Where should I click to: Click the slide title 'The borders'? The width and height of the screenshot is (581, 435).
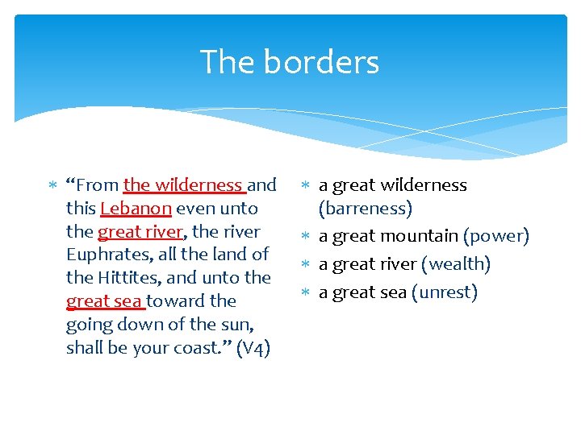click(x=289, y=62)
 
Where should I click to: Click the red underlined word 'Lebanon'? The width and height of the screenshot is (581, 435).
click(x=136, y=209)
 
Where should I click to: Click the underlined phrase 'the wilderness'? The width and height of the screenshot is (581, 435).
click(x=182, y=185)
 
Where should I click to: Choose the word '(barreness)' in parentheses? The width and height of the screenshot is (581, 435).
click(x=366, y=209)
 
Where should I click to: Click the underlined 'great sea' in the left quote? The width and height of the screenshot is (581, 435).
click(x=103, y=301)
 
